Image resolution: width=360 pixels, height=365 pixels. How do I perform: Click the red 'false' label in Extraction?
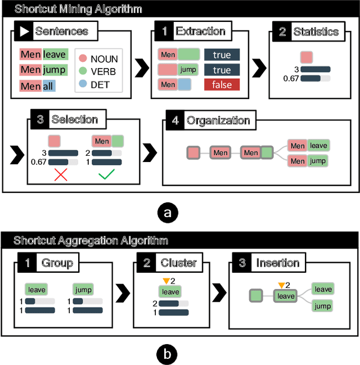[222, 85]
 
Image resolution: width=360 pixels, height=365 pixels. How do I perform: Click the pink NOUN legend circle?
[82, 59]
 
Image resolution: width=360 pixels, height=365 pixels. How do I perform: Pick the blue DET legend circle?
[82, 85]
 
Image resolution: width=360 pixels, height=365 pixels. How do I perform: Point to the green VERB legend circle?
[82, 72]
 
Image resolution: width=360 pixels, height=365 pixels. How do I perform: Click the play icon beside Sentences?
[24, 31]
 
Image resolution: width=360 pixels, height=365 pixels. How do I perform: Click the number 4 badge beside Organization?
[175, 120]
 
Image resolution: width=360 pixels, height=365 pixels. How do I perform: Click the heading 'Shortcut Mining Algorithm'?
[78, 9]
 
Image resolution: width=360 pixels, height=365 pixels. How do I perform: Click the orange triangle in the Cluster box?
[165, 281]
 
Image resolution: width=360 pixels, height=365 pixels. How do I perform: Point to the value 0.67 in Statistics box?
[291, 78]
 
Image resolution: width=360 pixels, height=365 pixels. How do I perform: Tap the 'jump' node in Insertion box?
[323, 306]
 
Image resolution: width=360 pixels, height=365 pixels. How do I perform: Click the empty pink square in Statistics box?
[307, 57]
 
